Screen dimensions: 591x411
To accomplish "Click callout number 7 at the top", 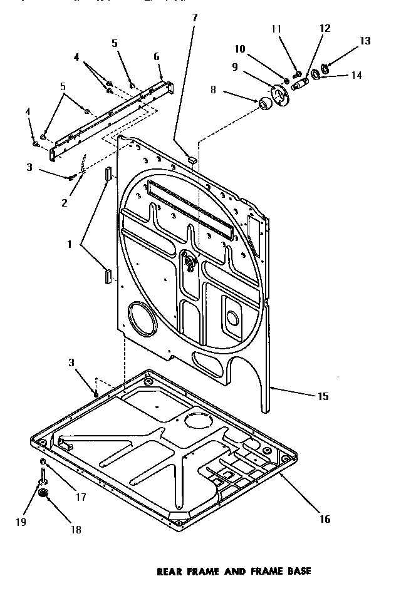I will coord(194,17).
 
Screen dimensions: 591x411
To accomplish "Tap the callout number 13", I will coord(365,41).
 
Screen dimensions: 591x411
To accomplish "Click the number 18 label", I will coord(76,530).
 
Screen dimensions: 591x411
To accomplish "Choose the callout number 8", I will coord(213,90).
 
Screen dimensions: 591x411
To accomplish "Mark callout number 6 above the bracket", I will coord(157,56).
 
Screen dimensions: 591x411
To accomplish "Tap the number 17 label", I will coord(80,497).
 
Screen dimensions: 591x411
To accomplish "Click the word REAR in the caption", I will coord(169,571).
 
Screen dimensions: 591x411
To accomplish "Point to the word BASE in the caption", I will coord(296,571).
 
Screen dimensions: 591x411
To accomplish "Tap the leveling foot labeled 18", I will coord(44,495).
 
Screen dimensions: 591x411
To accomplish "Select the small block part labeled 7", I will coord(192,159).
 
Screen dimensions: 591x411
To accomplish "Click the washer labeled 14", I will coord(315,75).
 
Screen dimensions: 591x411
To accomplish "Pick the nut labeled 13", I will coord(325,67).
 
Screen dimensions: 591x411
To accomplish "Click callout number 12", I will coord(325,28).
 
